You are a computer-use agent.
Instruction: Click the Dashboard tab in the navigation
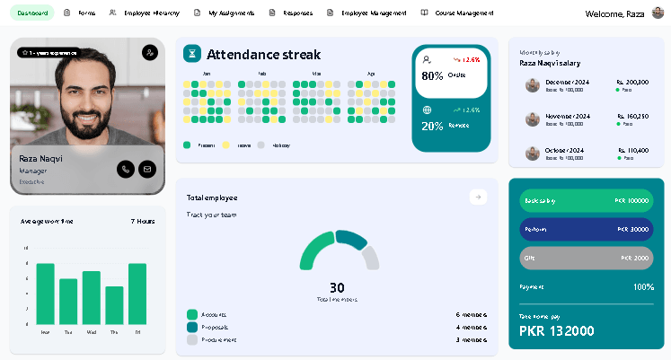(31, 13)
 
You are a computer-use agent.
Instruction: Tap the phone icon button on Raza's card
(125, 168)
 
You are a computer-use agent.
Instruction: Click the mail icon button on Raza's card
(146, 168)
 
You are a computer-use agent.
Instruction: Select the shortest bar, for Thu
(114, 305)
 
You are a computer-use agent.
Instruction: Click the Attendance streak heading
(263, 55)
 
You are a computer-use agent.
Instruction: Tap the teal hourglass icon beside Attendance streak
(191, 54)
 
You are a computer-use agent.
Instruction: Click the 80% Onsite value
(432, 75)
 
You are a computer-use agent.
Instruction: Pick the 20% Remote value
(432, 126)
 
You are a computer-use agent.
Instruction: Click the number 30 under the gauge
(337, 287)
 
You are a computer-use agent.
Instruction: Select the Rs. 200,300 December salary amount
(632, 82)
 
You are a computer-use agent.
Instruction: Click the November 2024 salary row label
(568, 116)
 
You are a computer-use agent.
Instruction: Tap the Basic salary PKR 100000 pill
(587, 200)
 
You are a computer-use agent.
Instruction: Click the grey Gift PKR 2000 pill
(587, 258)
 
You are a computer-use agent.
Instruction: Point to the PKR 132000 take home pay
(557, 330)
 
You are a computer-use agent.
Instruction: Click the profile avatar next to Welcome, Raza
(658, 13)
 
